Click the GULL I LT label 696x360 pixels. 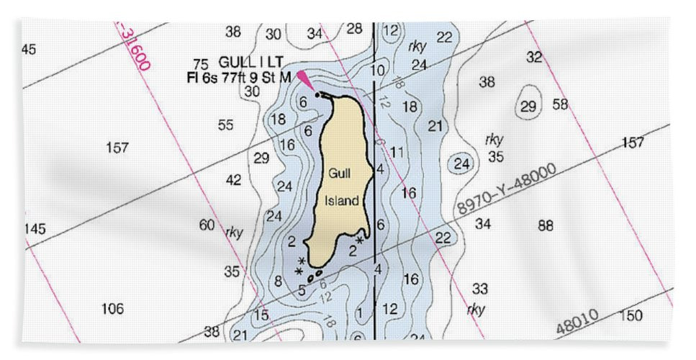[x=243, y=63]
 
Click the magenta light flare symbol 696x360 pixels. [x=306, y=80]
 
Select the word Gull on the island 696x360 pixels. [x=339, y=174]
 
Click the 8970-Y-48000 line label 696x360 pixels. [x=506, y=189]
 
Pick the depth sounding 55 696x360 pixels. [x=226, y=125]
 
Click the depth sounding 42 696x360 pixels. [x=233, y=180]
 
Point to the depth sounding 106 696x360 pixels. [x=112, y=309]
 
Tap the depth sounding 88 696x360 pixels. [x=546, y=226]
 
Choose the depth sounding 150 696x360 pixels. [x=630, y=315]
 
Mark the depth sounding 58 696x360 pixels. [x=560, y=105]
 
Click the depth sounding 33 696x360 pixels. [x=480, y=289]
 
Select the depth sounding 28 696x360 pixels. [x=354, y=29]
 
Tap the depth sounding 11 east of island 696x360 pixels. [x=397, y=152]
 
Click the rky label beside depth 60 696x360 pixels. [x=234, y=232]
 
